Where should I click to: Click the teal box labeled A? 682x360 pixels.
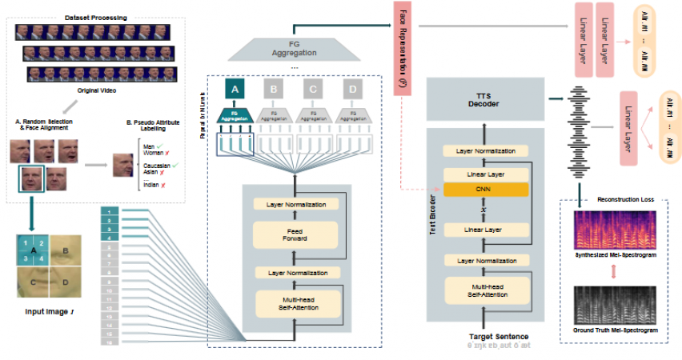coord(235,90)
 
